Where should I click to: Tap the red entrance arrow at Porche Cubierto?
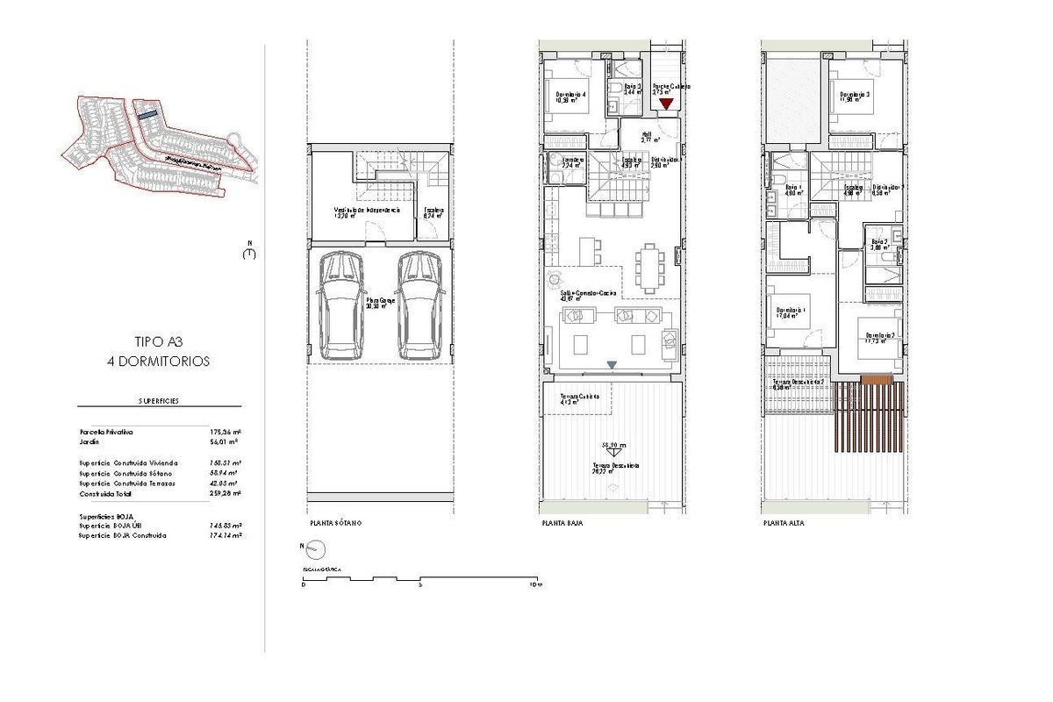666,104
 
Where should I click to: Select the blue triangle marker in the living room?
612,365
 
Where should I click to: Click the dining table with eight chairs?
649,268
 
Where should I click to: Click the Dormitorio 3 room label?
855,96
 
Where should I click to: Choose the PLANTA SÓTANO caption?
334,523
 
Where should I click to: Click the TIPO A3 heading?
159,343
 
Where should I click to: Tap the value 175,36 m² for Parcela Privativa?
223,433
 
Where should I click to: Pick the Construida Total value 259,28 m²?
223,494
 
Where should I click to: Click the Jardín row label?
90,442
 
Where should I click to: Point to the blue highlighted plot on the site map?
147,113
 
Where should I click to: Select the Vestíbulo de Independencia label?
367,211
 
